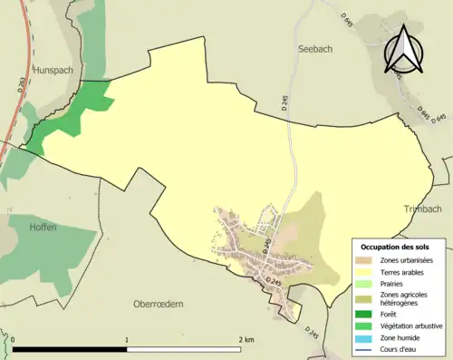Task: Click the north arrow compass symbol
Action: (404, 50)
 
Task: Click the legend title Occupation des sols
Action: (397, 247)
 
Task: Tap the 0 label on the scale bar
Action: (14, 339)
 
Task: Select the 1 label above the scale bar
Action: (127, 339)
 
